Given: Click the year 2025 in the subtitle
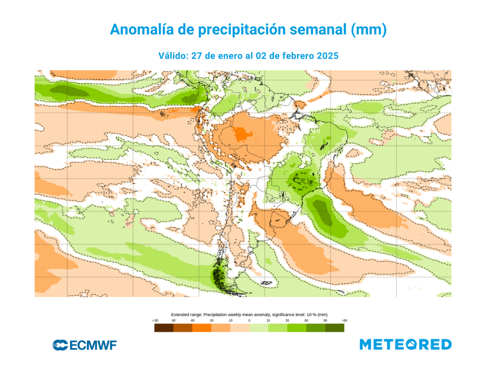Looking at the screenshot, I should click(327, 56).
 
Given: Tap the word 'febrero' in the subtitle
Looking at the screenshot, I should click(291, 56).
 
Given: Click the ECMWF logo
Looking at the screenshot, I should click(84, 345).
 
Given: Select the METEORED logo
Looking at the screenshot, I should click(405, 345).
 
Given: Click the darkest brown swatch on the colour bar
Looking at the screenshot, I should click(164, 328).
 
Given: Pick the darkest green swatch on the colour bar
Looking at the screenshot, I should click(334, 328).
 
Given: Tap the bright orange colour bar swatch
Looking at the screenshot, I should click(201, 328).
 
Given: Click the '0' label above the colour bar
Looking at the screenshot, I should click(249, 321).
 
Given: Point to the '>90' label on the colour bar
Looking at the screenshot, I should click(344, 321).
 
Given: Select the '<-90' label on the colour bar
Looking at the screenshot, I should click(155, 321).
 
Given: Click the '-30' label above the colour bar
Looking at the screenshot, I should click(211, 321).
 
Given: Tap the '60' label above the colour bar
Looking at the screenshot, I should click(306, 321).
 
